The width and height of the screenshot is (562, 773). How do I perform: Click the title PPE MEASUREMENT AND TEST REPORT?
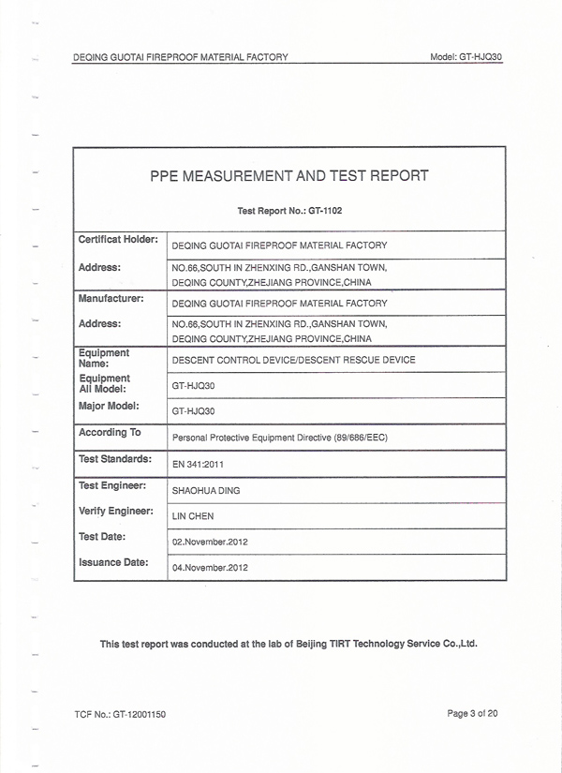pos(288,175)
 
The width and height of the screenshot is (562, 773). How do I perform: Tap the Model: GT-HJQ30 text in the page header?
pos(466,57)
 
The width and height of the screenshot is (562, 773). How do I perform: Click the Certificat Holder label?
pos(118,240)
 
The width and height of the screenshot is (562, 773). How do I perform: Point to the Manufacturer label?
pos(111,298)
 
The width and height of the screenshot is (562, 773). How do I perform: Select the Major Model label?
pos(109,406)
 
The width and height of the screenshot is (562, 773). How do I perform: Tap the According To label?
pos(110,432)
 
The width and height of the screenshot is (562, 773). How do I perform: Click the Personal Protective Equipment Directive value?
pos(280,438)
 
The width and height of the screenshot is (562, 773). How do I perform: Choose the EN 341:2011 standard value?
pos(198,464)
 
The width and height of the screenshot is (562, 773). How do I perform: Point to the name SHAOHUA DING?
pos(205,490)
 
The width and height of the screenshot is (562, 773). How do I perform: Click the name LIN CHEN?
pos(193,516)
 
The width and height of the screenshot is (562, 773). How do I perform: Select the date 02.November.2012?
pos(210,542)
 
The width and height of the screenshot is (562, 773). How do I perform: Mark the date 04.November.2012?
pos(210,568)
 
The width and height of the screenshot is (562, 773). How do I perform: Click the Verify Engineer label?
pos(115,511)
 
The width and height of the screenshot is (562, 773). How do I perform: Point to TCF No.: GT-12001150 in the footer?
pos(119,715)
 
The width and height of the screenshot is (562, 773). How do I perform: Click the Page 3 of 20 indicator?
pos(472,714)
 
